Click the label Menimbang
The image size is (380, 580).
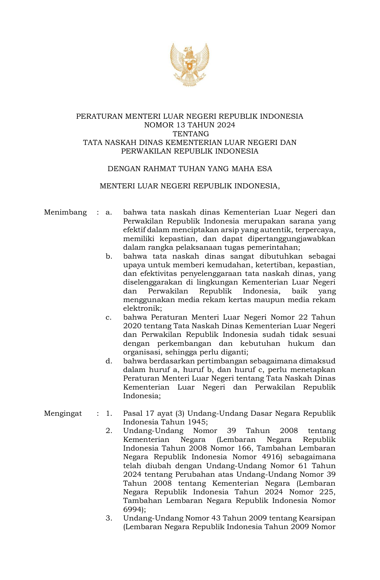coord(65,212)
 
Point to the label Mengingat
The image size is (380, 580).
coord(63,413)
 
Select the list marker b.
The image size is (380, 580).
coord(109,256)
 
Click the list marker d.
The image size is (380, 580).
coord(109,361)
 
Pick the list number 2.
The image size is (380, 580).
coord(109,431)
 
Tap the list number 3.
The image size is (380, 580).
coord(109,518)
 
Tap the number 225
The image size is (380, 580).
coord(326,492)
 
